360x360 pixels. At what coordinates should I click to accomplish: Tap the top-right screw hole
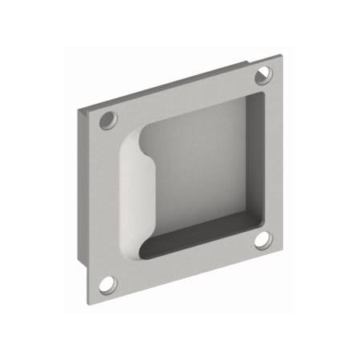tap(263, 75)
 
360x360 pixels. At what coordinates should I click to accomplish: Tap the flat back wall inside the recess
tap(196, 168)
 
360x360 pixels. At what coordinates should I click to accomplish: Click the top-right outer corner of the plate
tap(282, 55)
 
